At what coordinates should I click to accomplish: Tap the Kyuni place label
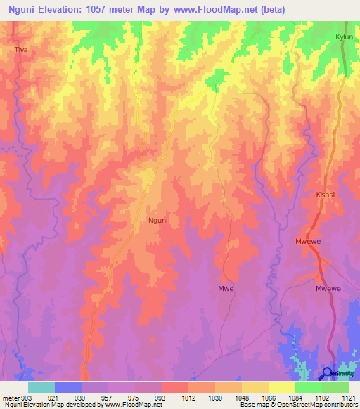(x=345, y=36)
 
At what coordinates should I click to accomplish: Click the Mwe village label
(x=226, y=288)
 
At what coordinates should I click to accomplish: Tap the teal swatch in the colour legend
(x=41, y=387)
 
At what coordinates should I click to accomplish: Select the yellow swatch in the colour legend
(x=282, y=387)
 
